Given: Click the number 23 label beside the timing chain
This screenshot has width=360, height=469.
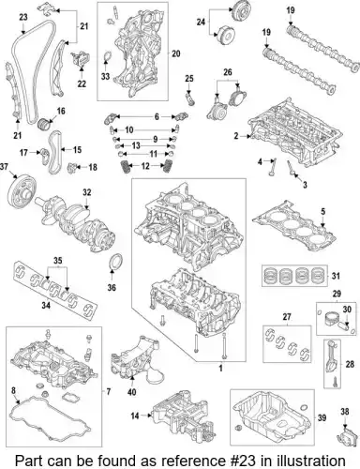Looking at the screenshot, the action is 23,17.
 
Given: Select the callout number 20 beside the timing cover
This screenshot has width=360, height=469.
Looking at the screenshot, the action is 176,53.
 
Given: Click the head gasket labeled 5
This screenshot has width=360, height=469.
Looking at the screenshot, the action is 294,226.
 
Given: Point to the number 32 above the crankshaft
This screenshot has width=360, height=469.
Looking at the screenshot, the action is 86,192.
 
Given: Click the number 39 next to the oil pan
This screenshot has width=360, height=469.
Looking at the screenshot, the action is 322,417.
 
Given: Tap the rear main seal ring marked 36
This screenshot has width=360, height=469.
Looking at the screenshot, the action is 116,262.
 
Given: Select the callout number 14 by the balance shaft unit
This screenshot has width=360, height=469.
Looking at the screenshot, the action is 135,416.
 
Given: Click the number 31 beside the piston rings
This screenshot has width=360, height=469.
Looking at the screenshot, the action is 336,276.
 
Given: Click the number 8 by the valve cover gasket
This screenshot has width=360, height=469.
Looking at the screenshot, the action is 13,390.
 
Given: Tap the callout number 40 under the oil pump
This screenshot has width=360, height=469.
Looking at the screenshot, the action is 132,392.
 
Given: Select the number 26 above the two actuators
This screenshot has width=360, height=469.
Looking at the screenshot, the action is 228,72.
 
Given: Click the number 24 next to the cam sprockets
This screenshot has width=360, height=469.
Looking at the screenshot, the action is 201,22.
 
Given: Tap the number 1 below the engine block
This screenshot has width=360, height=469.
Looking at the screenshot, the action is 220,368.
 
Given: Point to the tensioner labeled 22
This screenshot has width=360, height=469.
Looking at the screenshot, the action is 81,59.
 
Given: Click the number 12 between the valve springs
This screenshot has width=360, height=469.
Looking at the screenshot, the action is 145,166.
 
